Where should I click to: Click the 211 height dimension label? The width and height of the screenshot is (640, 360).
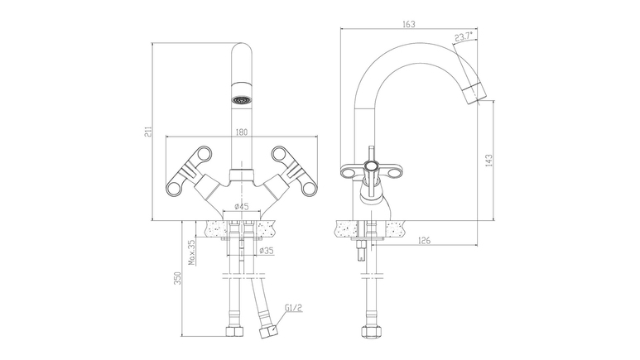(x=150, y=131)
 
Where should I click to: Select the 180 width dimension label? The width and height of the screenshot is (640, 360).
(x=242, y=132)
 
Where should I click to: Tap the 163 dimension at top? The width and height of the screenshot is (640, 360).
(x=408, y=24)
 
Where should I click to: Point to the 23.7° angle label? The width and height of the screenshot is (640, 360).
(x=464, y=36)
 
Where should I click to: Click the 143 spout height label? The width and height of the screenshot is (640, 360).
(x=489, y=160)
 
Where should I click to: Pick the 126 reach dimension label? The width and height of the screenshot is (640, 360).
(x=425, y=240)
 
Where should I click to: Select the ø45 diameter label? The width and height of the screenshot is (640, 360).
(x=242, y=207)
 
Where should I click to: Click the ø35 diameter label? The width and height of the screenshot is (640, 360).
(x=267, y=251)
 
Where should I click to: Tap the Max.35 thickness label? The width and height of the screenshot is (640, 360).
(x=192, y=252)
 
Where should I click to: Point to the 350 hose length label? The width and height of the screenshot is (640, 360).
(x=177, y=278)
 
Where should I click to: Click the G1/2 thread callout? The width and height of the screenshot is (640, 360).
(x=294, y=307)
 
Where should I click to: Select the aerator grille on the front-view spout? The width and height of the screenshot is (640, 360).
(x=240, y=99)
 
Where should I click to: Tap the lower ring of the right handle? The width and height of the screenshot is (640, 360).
(x=309, y=188)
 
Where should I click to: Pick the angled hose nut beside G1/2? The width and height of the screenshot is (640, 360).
(x=268, y=332)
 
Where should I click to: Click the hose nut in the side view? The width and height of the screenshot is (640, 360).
(x=371, y=331)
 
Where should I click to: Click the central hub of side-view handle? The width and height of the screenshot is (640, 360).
(x=371, y=166)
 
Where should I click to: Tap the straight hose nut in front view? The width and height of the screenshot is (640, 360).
(x=235, y=331)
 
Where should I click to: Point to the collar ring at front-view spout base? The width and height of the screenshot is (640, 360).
(x=242, y=175)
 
